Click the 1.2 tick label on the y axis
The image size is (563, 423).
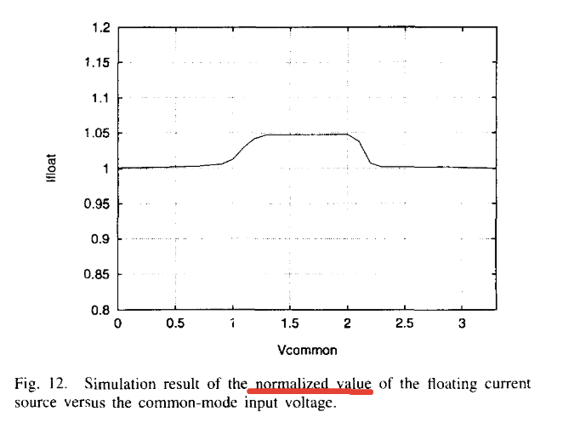pyautogui.click(x=100, y=27)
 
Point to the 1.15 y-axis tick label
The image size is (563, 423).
pyautogui.click(x=97, y=63)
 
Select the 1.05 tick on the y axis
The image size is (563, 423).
pyautogui.click(x=97, y=134)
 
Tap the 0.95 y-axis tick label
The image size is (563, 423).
pyautogui.click(x=97, y=204)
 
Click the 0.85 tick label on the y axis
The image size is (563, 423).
pyautogui.click(x=97, y=275)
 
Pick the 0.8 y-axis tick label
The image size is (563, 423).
pyautogui.click(x=100, y=311)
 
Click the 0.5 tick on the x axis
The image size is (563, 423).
pyautogui.click(x=175, y=324)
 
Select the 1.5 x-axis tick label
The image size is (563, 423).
pyautogui.click(x=290, y=324)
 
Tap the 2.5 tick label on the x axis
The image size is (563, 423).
pyautogui.click(x=405, y=324)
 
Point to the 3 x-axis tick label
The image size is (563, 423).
pyautogui.click(x=462, y=324)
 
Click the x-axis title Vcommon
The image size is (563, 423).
pyautogui.click(x=290, y=349)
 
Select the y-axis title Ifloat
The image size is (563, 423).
pyautogui.click(x=53, y=168)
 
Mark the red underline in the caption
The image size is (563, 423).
pyautogui.click(x=310, y=393)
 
